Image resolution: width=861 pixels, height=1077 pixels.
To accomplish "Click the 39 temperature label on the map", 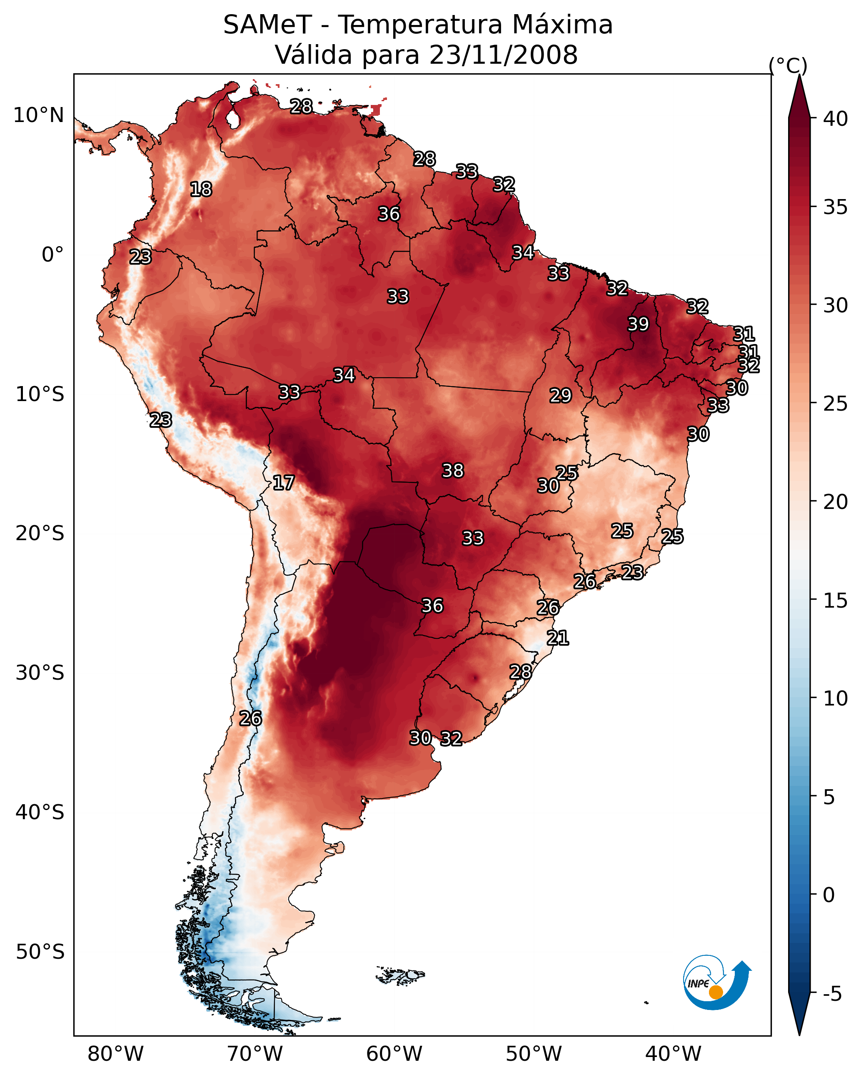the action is coord(638,324).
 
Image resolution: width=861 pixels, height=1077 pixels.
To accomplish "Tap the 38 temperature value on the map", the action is coord(453,471).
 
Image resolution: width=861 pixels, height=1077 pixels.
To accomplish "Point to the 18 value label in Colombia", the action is coord(201,189).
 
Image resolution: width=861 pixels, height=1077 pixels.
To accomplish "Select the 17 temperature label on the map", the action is coord(283,483).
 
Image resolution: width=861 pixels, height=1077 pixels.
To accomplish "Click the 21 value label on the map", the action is coord(558,638).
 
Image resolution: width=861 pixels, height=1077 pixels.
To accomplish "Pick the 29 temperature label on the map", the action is coord(560,396).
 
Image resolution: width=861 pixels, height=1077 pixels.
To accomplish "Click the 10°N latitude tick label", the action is coord(38,115).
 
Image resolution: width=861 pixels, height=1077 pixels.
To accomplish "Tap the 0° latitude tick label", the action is coord(53,255).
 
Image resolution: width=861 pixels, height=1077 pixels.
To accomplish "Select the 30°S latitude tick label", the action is coord(40,673).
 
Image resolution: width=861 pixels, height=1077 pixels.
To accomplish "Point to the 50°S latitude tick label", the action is coord(40,952).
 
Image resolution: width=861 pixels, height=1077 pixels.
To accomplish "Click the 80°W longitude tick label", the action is coord(115,1054).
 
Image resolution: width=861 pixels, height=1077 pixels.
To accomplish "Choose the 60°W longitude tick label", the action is coord(394,1054).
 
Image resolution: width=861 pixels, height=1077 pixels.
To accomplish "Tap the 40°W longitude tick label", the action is coord(673,1054).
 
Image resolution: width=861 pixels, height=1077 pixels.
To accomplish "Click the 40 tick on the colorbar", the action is coord(836,119).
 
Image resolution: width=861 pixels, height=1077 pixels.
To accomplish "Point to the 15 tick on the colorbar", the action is coord(836,601).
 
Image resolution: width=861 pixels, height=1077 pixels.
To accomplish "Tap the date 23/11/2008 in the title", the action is coord(503,55).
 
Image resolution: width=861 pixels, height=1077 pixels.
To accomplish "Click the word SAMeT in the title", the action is coord(267,25).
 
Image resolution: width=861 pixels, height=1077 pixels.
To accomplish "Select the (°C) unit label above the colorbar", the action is coord(788,65).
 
